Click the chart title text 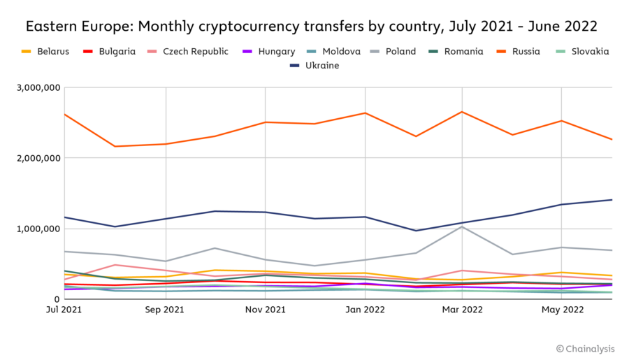[x=312, y=27]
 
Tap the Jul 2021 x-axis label [x=64, y=309]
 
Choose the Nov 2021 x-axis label [x=264, y=309]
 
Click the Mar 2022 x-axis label [x=462, y=309]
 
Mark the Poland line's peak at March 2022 [x=462, y=226]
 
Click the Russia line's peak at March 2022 [x=462, y=112]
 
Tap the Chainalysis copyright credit [x=586, y=348]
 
